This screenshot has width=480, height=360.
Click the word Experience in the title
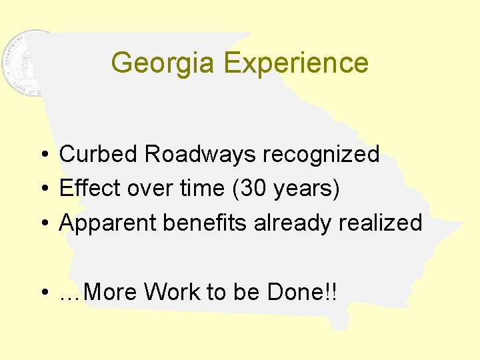pyautogui.click(x=296, y=63)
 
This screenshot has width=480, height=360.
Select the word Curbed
pyautogui.click(x=99, y=154)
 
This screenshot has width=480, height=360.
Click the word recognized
pyautogui.click(x=321, y=154)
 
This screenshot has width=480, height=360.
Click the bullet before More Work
pyautogui.click(x=42, y=293)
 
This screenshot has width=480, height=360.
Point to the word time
pyautogui.click(x=203, y=189)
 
